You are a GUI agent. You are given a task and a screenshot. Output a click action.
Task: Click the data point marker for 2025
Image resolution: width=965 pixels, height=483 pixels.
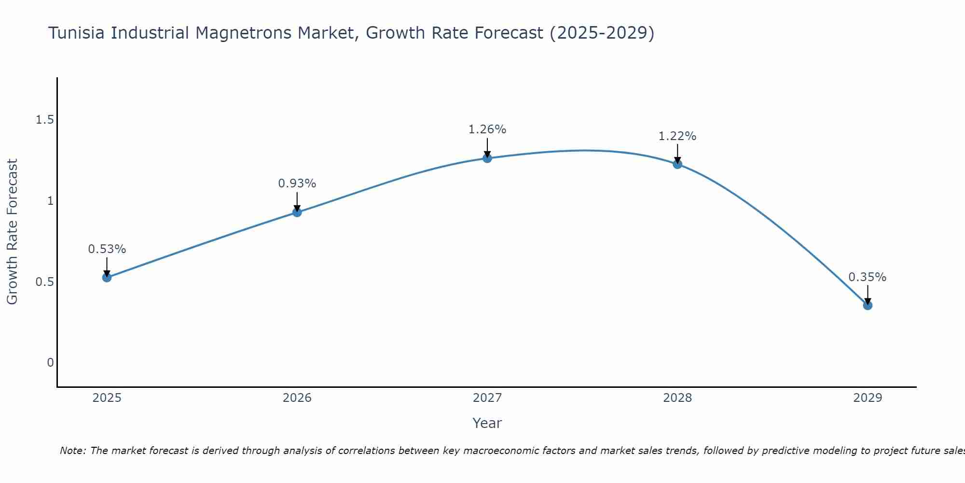107,277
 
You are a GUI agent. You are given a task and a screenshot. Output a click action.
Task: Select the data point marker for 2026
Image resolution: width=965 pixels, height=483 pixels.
297,212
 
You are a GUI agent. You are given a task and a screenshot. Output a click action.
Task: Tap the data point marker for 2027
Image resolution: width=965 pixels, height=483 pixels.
487,158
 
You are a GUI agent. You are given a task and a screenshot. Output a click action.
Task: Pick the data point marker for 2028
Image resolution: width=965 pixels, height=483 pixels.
677,164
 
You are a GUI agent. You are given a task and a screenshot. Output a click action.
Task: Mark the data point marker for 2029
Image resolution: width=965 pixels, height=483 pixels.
868,305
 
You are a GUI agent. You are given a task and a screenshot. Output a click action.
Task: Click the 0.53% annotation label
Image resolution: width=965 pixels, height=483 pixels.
107,249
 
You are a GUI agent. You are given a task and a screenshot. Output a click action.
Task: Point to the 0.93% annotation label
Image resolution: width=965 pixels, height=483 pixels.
297,184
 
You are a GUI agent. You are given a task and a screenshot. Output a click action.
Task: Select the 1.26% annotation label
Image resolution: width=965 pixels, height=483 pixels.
487,129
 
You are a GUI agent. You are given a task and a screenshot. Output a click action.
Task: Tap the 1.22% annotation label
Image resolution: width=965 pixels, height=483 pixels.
677,136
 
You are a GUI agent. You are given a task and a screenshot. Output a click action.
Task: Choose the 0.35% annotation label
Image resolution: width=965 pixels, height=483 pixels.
868,277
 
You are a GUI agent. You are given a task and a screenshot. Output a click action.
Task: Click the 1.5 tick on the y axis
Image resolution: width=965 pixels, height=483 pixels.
44,120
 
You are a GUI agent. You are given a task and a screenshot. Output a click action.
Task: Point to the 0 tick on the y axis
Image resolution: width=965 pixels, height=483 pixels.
50,363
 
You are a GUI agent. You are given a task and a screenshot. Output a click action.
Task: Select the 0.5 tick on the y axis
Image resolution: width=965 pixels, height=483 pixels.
44,282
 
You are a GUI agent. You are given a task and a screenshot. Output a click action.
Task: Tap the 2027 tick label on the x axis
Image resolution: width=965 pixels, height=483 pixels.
487,398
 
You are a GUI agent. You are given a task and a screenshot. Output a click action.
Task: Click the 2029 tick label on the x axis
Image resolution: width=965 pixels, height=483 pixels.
868,398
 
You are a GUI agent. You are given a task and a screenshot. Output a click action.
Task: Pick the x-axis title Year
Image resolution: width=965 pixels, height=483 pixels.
487,423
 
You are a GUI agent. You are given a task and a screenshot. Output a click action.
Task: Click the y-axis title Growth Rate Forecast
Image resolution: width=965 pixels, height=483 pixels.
13,232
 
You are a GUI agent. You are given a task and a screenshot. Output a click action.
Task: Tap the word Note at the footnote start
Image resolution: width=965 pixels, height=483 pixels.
72,451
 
